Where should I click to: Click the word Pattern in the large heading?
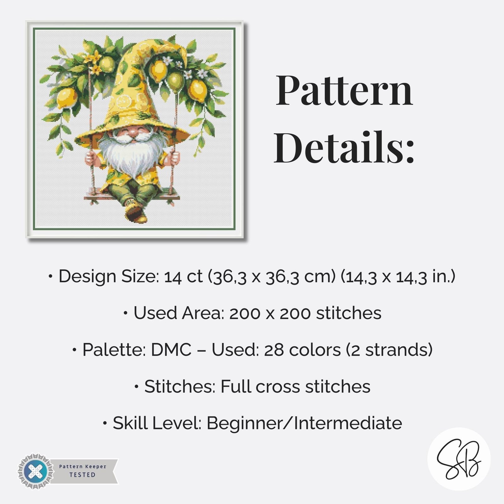point(344,91)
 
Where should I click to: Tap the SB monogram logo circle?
point(459,459)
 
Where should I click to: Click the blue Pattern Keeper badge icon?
point(35,472)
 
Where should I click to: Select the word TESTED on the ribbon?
point(82,475)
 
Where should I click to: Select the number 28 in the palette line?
point(274,350)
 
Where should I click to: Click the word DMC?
point(171,350)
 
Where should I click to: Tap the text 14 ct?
point(183,277)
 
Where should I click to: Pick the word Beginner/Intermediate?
point(304,423)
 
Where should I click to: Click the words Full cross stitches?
point(295,387)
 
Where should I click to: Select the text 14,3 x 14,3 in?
point(398,277)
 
